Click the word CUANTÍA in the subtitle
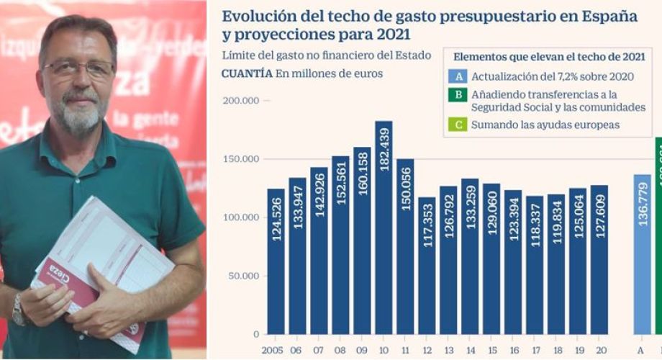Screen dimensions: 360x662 tap(247, 73)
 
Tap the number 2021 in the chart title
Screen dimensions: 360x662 tap(399, 34)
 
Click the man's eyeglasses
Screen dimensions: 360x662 tap(78, 69)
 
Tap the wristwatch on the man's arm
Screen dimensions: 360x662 tap(18, 310)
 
